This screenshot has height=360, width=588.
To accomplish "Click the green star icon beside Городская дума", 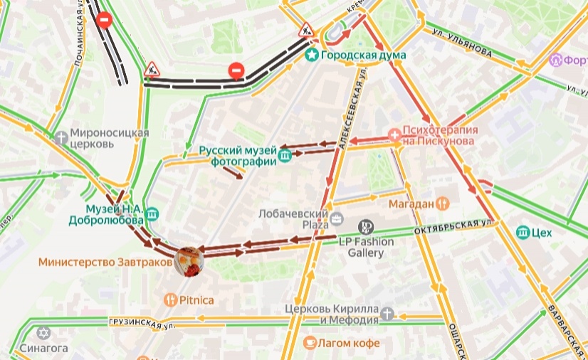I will (311, 55).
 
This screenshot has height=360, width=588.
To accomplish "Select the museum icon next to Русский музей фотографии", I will (285, 156).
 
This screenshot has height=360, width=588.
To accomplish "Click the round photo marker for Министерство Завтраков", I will (189, 261).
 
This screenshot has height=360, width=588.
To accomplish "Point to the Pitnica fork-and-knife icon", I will (170, 300).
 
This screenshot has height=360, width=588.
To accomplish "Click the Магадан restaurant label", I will (412, 203).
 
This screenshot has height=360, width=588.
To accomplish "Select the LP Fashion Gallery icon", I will (365, 227).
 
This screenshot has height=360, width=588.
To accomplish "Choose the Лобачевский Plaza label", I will (292, 218).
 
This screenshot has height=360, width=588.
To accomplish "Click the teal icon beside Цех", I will (523, 232).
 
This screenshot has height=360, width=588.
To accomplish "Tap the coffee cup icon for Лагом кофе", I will (310, 343).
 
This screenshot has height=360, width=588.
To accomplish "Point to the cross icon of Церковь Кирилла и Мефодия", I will (387, 313).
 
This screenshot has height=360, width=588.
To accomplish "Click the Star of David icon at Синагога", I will (44, 334).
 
